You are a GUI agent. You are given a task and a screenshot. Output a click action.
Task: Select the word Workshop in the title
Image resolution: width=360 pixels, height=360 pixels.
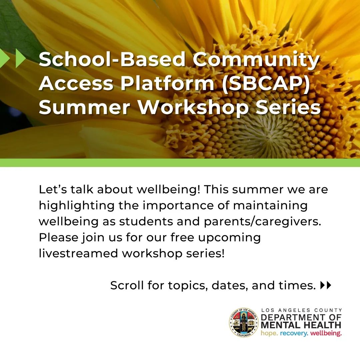(x=193, y=107)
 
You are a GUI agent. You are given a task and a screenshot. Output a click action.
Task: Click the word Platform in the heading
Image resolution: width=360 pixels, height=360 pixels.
(x=167, y=83)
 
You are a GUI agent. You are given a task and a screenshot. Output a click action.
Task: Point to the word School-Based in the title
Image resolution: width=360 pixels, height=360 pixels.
(x=112, y=59)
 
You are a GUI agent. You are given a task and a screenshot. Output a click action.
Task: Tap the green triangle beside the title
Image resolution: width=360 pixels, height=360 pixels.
(x=20, y=58)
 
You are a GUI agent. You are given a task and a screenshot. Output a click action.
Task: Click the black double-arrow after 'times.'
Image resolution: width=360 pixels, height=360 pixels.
(x=326, y=285)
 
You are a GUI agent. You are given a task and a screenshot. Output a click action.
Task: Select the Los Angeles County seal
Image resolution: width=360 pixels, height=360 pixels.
(x=244, y=323)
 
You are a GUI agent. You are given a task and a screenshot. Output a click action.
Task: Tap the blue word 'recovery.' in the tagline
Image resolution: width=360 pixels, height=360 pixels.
(x=294, y=333)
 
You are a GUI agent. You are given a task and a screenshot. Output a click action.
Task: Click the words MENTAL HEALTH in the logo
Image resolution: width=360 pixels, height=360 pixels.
(x=301, y=325)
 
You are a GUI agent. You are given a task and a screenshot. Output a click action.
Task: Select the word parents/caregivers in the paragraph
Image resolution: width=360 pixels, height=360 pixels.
(x=262, y=222)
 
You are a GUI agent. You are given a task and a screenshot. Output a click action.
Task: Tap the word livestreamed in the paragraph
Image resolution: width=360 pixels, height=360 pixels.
(x=78, y=253)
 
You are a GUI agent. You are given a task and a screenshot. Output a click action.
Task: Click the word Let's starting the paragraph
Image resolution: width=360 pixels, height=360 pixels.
(x=53, y=189)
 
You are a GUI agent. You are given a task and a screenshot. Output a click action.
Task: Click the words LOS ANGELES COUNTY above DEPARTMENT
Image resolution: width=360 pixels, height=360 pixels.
(x=301, y=310)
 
